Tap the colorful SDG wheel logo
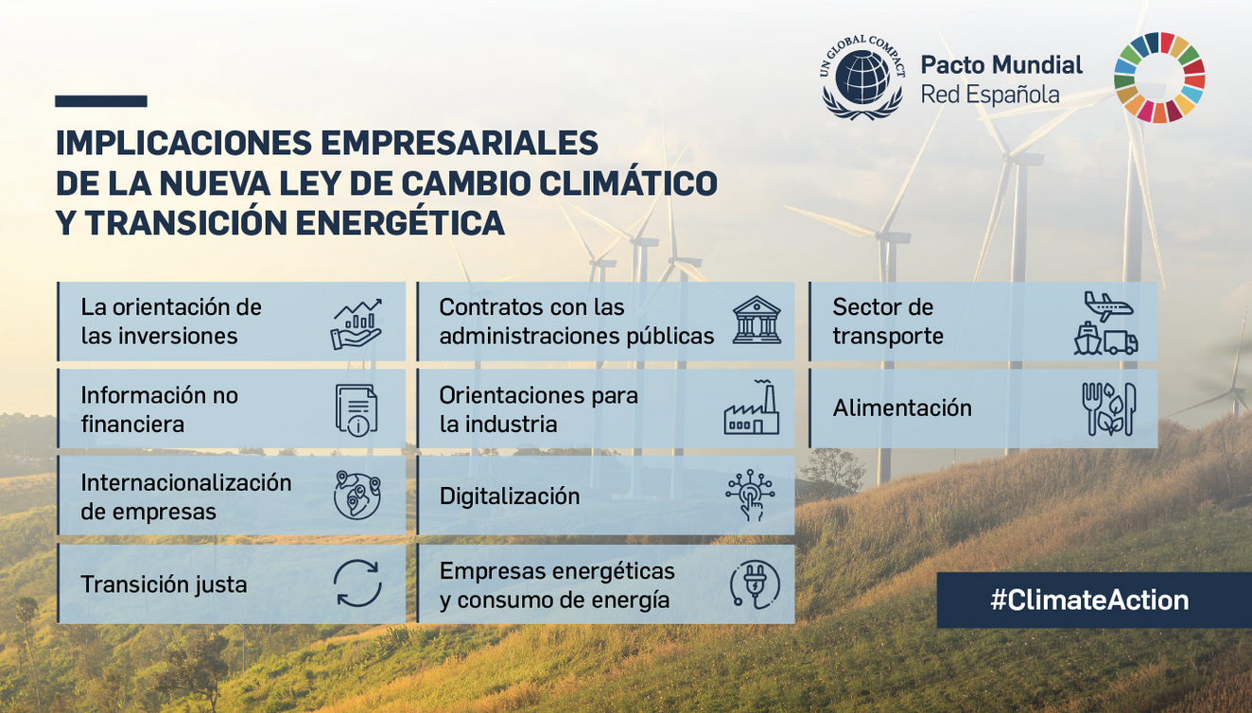point(1159,78)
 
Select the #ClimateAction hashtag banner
point(1089,600)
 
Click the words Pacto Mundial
point(1001,65)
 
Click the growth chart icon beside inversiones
point(356,322)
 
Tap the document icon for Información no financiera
point(356,409)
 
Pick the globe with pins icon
point(356,496)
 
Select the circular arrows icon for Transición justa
point(356,583)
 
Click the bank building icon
point(756,321)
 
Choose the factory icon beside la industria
point(753,408)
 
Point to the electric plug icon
point(755,583)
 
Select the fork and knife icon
point(1108,409)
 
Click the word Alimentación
point(902,409)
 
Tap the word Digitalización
point(510,496)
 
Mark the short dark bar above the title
point(101,101)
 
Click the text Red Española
point(990,95)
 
